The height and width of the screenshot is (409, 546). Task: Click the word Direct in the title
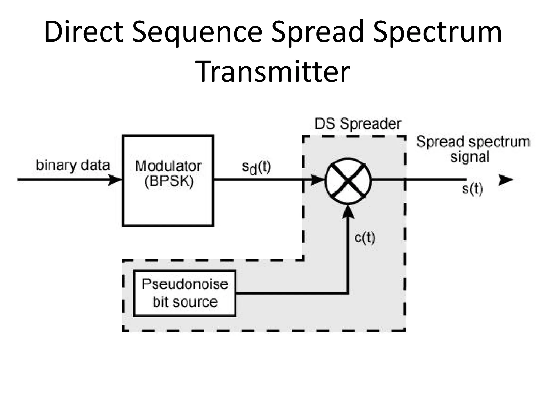[x=83, y=32]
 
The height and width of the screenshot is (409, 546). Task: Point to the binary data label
[x=73, y=165]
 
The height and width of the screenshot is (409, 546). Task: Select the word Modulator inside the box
[x=168, y=166]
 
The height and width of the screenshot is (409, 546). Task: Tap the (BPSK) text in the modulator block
[x=169, y=182]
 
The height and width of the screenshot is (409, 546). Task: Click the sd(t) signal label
[x=256, y=168]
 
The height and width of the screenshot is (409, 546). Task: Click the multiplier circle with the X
[x=348, y=181]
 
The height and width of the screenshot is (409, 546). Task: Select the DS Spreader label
[x=358, y=124]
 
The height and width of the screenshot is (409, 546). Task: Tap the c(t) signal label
[x=364, y=238]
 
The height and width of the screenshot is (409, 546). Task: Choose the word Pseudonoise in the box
[x=185, y=284]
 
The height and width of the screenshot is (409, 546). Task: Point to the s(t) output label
[x=472, y=189]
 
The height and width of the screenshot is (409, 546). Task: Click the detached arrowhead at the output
[x=505, y=180]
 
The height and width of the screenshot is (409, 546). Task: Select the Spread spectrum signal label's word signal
[x=470, y=157]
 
